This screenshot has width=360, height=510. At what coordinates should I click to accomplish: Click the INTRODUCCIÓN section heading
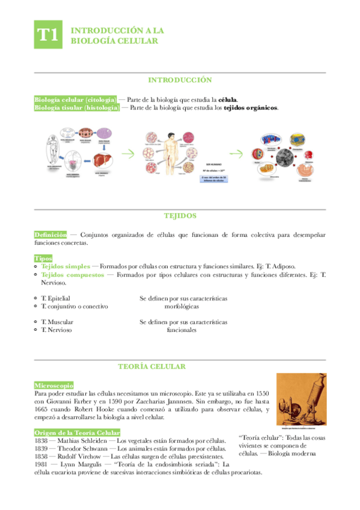[180, 80]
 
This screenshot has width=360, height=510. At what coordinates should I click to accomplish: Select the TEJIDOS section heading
[180, 215]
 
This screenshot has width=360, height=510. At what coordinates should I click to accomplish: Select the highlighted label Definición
[50, 235]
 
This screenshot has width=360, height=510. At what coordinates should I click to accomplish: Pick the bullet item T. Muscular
[57, 322]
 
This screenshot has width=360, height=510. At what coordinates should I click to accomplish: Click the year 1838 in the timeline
[44, 441]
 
